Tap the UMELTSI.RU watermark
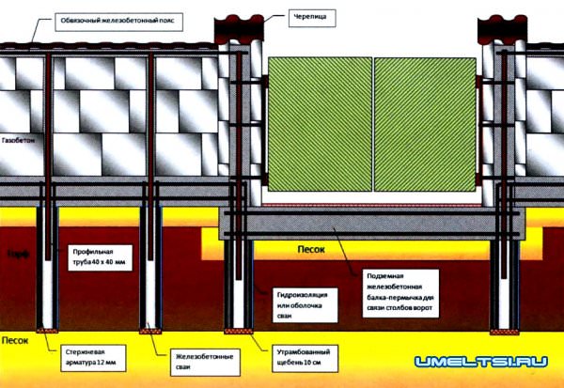[480, 363]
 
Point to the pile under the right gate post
[502, 282]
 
